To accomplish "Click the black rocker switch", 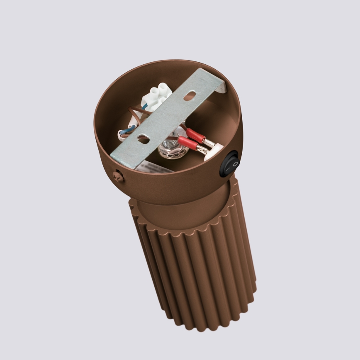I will pos(229,164).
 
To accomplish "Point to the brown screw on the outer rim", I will pos(118,176).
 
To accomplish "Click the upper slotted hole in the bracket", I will pos(189,96).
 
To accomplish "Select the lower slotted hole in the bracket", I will pos(144,139).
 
